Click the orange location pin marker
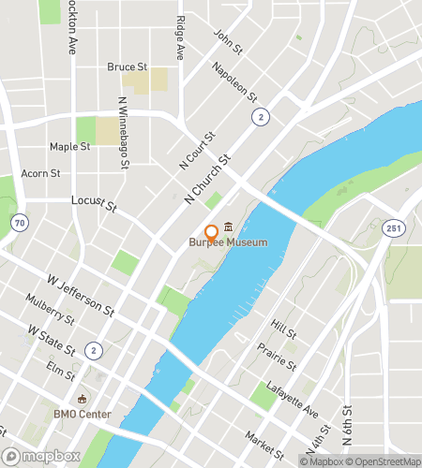(x=212, y=231)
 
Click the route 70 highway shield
(x=20, y=222)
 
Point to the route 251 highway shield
(x=392, y=227)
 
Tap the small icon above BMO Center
(x=83, y=400)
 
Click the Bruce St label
(x=128, y=67)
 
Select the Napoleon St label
(x=234, y=82)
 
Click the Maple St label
(x=69, y=147)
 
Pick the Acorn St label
(x=40, y=173)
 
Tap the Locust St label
(x=94, y=202)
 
